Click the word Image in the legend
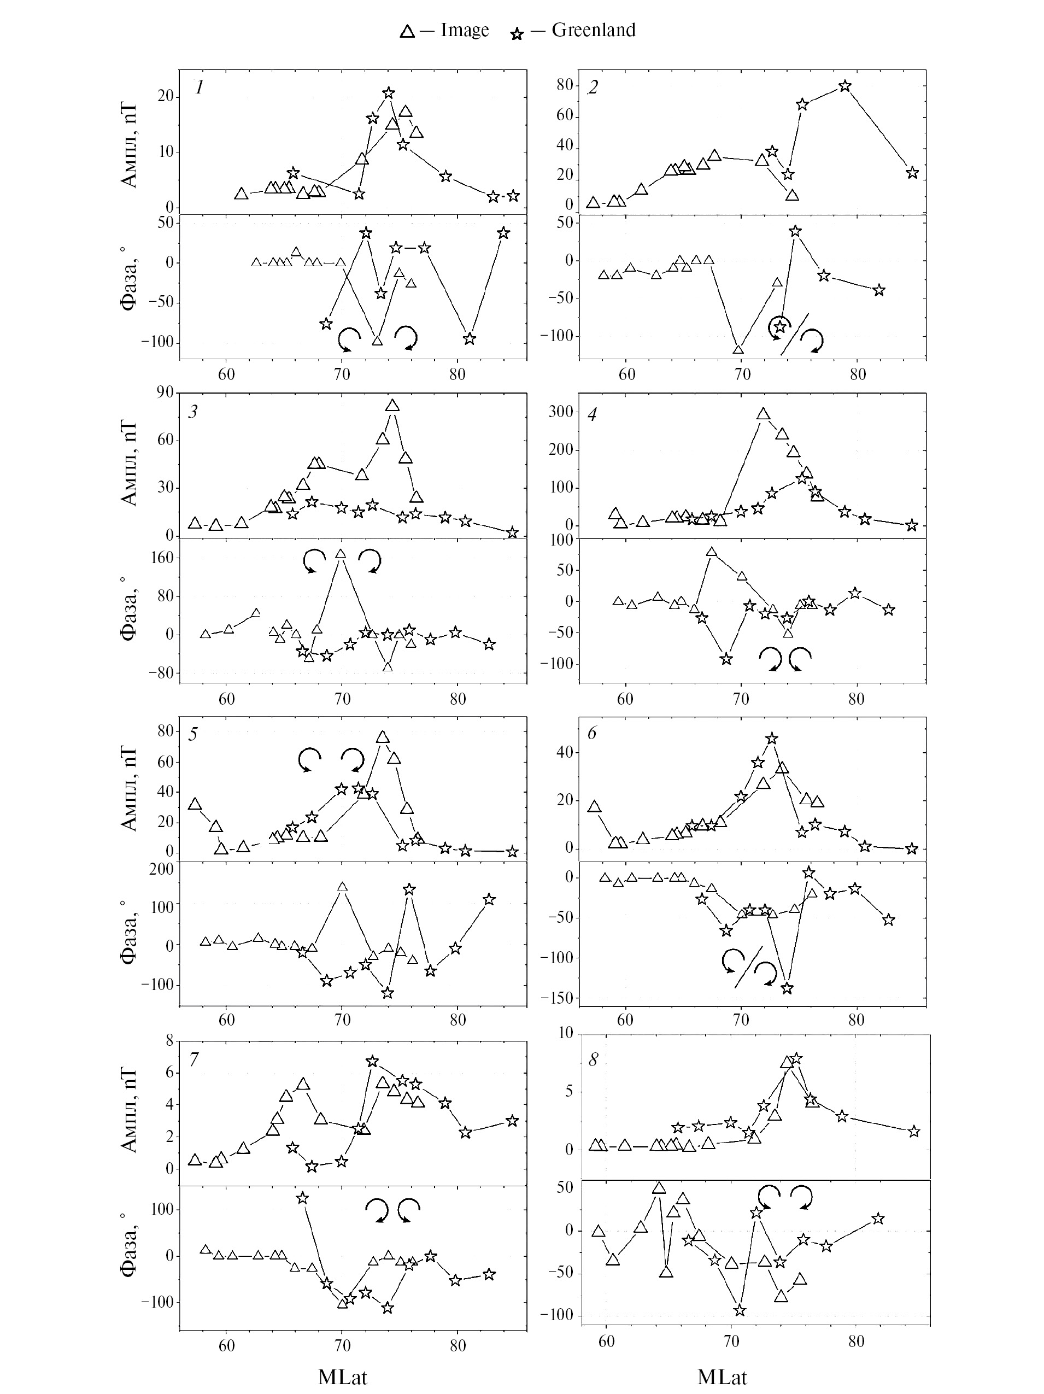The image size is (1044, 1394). [465, 30]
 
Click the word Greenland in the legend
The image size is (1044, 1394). [593, 30]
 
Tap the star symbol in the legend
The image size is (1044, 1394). [517, 34]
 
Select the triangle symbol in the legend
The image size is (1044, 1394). [407, 32]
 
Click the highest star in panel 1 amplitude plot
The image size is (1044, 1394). [389, 92]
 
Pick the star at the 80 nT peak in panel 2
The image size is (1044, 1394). [846, 86]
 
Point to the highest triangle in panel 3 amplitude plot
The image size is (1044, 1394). [392, 405]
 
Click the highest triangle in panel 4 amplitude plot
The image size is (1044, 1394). [763, 414]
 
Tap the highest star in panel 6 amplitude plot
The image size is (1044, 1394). [772, 738]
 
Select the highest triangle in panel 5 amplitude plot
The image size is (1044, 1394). [383, 737]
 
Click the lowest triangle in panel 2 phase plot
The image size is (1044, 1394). [738, 349]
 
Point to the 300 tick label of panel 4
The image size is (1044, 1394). [560, 412]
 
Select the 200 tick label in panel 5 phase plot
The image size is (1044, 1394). [161, 869]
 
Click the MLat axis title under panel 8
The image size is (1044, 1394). [722, 1377]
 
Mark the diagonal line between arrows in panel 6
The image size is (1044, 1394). [748, 967]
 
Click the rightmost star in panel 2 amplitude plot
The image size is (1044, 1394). [912, 173]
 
